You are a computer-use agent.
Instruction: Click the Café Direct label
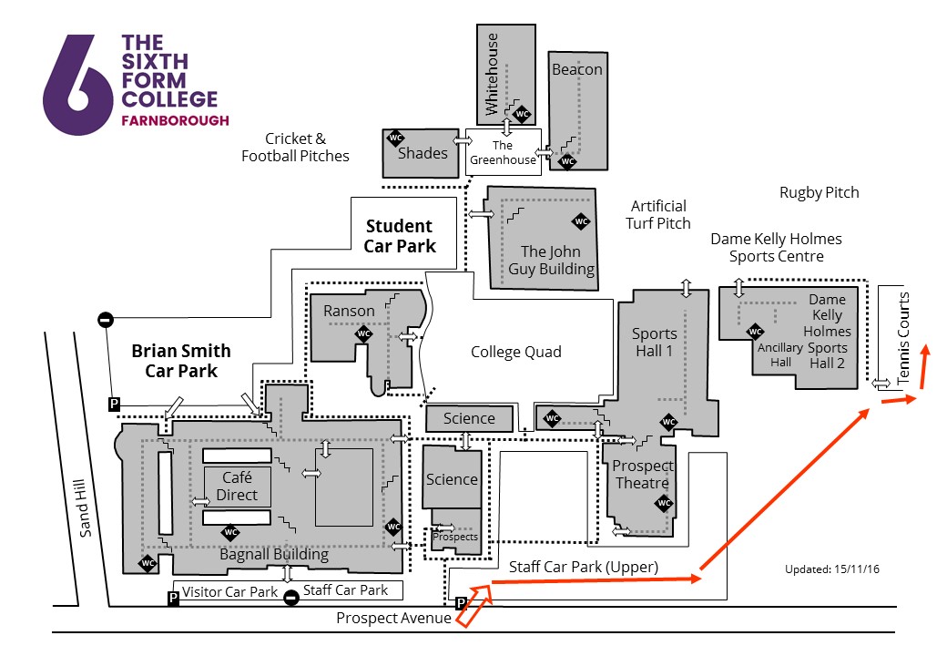tap(237, 486)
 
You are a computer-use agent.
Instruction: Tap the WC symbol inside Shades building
tap(396, 138)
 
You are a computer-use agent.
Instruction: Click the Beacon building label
tap(576, 69)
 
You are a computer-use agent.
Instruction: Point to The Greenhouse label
tap(503, 153)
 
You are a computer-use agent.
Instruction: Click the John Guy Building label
tap(557, 260)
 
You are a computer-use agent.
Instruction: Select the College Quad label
tap(515, 352)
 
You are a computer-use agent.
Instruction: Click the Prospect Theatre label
tap(643, 474)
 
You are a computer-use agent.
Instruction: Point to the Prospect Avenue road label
tap(393, 619)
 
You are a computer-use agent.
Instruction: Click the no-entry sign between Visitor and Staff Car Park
tap(290, 598)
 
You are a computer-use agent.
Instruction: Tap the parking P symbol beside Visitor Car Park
tap(173, 598)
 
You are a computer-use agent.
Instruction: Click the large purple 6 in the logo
tap(70, 87)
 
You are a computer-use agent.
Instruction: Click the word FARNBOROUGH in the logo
tap(175, 120)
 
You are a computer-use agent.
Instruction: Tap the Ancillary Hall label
tap(780, 354)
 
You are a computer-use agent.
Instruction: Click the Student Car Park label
tap(400, 236)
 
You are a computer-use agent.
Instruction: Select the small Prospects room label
tap(454, 537)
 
